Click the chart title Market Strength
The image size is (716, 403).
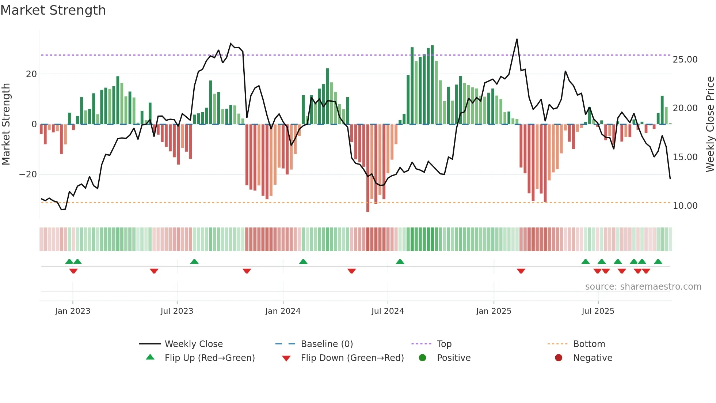[x=53, y=10]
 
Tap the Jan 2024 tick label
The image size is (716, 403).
[x=283, y=311]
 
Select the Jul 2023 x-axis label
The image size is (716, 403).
[x=177, y=311]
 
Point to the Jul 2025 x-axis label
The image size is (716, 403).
[x=598, y=311]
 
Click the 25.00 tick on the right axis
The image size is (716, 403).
[x=685, y=60]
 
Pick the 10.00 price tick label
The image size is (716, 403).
[x=685, y=206]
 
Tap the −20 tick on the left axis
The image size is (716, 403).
[x=28, y=174]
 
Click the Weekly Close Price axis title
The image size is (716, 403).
[x=710, y=124]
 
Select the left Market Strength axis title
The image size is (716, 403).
[x=6, y=124]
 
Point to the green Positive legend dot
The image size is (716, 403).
[x=422, y=358]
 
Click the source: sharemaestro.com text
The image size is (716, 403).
[x=643, y=287]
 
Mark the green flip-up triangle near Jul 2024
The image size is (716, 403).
[x=400, y=262]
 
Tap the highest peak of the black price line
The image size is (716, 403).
[x=517, y=39]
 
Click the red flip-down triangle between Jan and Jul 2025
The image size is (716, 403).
[x=521, y=271]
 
